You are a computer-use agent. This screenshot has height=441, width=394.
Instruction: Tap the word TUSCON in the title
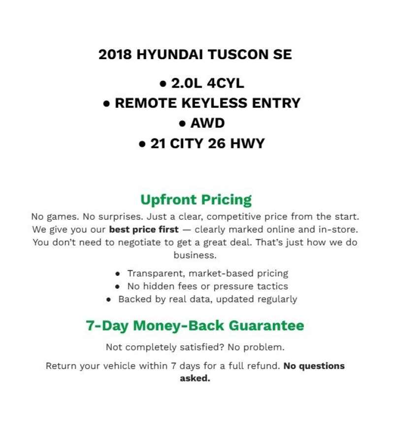click(235, 54)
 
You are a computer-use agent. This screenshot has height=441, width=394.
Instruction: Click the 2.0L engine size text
click(184, 83)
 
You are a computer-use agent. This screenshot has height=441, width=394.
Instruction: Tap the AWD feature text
click(207, 123)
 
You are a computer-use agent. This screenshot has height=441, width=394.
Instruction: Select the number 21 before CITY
click(158, 143)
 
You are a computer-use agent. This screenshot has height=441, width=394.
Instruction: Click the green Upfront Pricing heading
click(196, 200)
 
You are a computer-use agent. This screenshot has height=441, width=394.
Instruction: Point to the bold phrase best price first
click(144, 230)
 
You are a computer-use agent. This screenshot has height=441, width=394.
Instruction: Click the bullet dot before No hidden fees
click(117, 286)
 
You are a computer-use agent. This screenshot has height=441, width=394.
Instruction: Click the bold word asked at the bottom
click(195, 379)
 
